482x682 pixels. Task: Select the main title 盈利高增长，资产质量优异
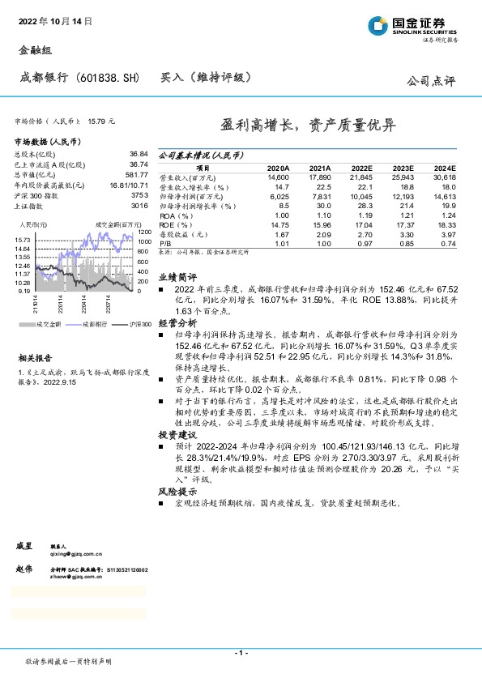309,126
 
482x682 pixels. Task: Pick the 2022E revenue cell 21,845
360,177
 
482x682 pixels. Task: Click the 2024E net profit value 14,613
443,197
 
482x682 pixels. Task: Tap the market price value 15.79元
102,121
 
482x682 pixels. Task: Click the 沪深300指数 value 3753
140,196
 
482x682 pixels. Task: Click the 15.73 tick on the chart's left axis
23,241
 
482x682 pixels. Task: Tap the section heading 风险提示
176,491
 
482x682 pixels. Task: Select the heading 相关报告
36,356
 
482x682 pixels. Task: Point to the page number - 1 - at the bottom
241,652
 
